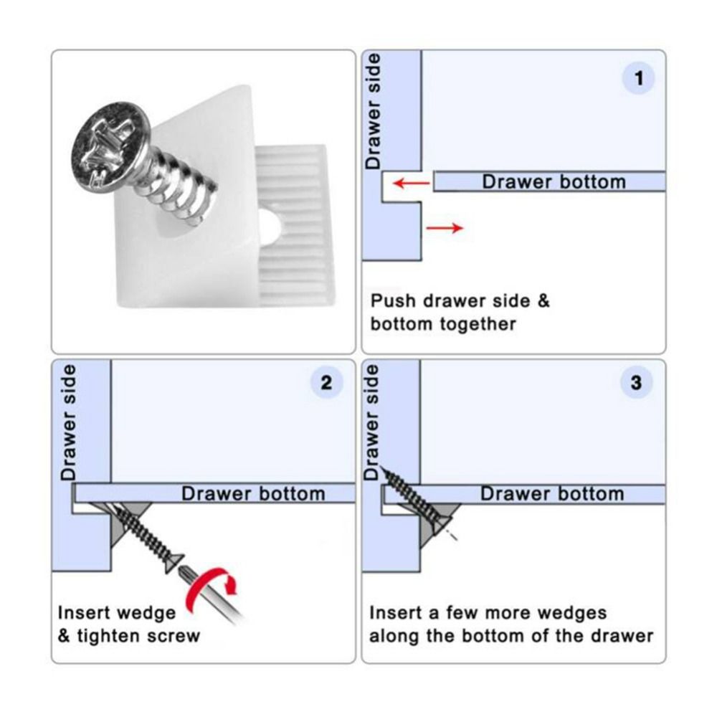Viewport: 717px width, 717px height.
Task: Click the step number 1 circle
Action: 639,78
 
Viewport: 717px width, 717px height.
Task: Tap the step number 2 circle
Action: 327,382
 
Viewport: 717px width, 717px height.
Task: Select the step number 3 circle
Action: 636,382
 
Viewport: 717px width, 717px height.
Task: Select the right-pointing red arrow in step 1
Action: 445,228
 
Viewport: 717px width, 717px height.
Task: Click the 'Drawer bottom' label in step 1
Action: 553,181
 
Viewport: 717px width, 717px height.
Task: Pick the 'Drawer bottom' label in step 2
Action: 252,493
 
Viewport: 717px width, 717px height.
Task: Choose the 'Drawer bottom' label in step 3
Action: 552,493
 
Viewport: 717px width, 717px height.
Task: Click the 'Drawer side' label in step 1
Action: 373,111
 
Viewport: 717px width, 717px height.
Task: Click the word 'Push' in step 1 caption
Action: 392,300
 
